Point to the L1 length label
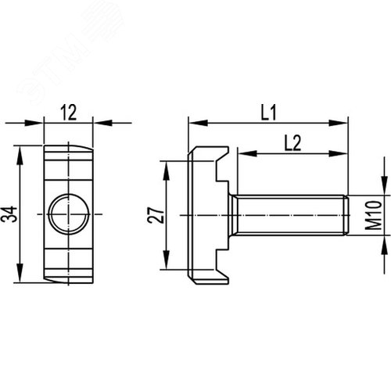[x=268, y=113]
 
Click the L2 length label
[x=292, y=142]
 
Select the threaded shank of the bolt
[x=289, y=214]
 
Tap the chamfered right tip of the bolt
[x=344, y=214]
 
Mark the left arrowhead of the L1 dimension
[x=195, y=123]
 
